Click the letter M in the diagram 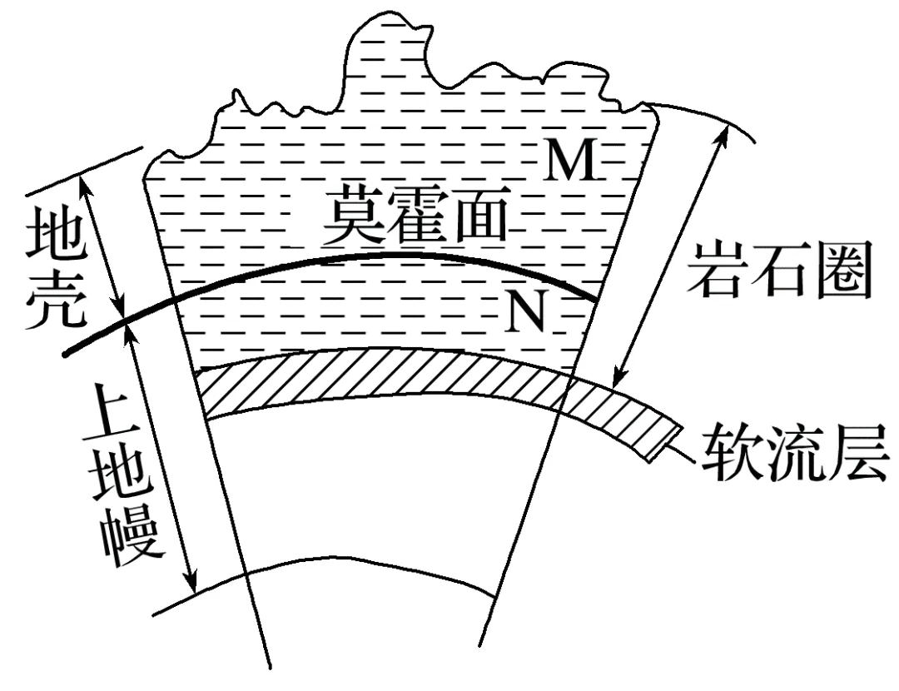(x=571, y=162)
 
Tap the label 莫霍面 (x=415, y=213)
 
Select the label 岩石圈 (x=780, y=269)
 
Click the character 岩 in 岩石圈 (x=717, y=269)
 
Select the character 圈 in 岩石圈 (x=842, y=270)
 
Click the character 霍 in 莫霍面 (x=415, y=213)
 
